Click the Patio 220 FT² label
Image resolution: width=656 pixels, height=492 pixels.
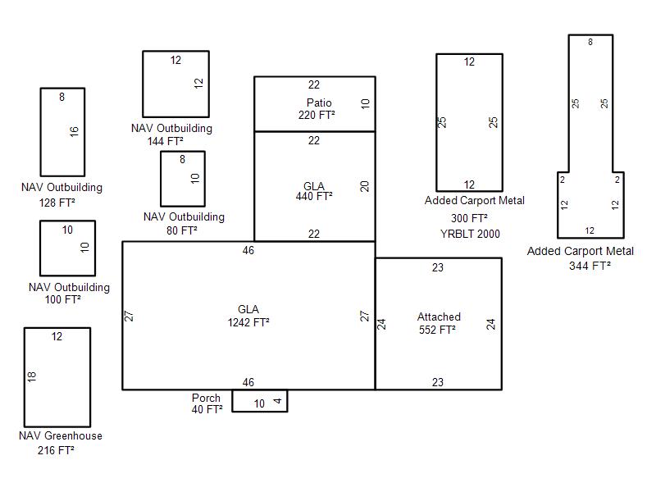[317, 109]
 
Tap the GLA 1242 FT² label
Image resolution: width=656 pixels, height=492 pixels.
[248, 316]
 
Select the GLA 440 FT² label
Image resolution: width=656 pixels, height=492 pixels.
[314, 191]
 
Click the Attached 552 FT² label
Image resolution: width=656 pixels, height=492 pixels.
[438, 323]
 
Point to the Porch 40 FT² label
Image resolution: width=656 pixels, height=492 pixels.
[207, 403]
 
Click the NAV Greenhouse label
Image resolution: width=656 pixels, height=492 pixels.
[61, 436]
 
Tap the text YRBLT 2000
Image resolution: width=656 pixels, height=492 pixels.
[470, 234]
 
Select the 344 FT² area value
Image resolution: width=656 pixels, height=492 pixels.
[590, 266]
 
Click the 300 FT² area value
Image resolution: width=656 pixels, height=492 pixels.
[469, 218]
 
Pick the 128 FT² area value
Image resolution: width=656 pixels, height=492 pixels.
[57, 203]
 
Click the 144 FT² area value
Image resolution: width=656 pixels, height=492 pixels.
[166, 141]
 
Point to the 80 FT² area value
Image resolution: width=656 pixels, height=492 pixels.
[182, 230]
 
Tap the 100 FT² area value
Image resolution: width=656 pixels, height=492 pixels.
[63, 299]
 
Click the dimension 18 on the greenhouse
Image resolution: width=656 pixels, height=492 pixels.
[32, 376]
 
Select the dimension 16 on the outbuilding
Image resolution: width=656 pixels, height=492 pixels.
[74, 131]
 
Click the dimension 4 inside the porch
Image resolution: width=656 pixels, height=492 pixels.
[277, 401]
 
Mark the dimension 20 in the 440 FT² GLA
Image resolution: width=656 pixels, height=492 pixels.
[364, 186]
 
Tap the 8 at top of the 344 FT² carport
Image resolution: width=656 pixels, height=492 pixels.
[590, 42]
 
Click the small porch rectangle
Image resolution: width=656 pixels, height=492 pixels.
[260, 412]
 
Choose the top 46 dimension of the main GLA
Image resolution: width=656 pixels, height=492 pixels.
[248, 250]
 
